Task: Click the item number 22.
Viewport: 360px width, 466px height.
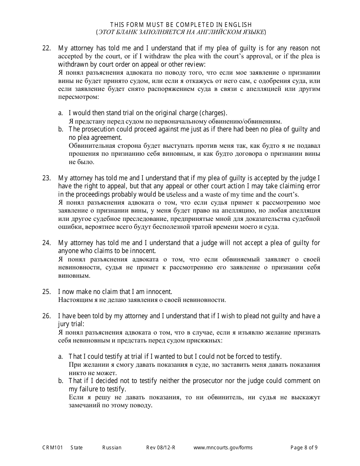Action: (x=46, y=48)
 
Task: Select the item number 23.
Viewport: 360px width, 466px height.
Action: (x=46, y=178)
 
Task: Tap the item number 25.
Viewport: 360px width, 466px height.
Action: (x=46, y=292)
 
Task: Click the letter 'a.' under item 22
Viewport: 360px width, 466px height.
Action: (x=61, y=113)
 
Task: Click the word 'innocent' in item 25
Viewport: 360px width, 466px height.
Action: (x=160, y=292)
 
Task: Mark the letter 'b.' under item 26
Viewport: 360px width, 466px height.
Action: (x=61, y=381)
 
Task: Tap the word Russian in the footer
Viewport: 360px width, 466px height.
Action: (x=112, y=447)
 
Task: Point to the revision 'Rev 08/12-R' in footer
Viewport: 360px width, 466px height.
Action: (x=161, y=447)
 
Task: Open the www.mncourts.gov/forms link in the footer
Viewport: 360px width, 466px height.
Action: (x=223, y=447)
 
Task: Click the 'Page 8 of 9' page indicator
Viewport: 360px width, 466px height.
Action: (x=304, y=447)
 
